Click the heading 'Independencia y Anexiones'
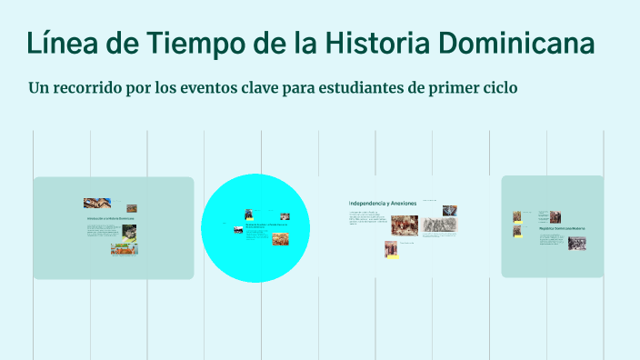[x=382, y=202]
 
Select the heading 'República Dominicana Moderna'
[x=562, y=227]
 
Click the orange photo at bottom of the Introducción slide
[x=124, y=248]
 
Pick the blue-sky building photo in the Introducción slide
[x=96, y=204]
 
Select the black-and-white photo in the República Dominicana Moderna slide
[x=576, y=244]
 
